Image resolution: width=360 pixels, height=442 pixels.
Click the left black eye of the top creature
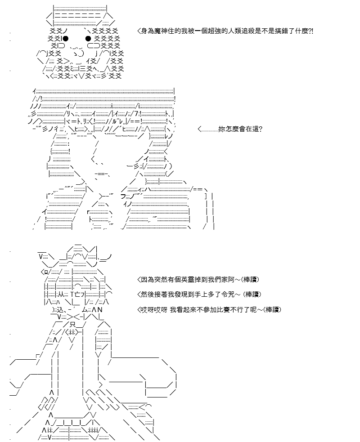click(x=65, y=38)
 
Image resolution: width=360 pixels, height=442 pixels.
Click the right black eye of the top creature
click(x=88, y=38)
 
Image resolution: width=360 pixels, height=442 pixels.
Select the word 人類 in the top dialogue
click(x=240, y=31)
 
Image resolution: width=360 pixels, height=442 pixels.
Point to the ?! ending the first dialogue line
click(x=311, y=31)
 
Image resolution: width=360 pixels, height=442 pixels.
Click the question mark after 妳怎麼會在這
click(x=261, y=129)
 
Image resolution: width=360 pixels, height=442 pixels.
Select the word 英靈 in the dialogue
click(x=188, y=280)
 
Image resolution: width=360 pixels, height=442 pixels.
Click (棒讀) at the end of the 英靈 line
click(x=250, y=280)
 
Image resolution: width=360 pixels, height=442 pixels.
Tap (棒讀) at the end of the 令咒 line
click(x=252, y=294)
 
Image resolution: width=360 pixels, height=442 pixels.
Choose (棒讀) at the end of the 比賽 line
click(x=272, y=309)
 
